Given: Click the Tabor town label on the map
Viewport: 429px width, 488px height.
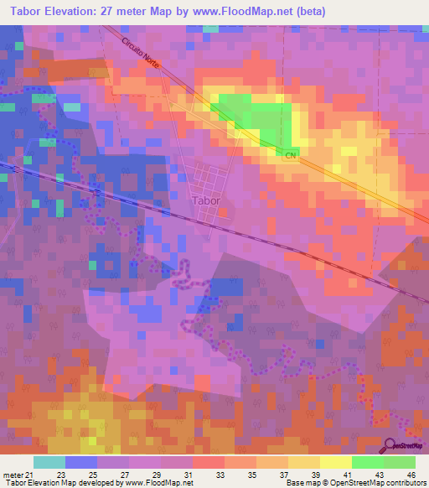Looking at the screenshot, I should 206,201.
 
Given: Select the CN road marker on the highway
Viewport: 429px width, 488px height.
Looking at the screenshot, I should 291,156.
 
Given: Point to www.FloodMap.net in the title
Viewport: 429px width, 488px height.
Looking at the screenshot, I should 247,12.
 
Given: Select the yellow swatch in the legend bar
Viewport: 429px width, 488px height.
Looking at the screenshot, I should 335,462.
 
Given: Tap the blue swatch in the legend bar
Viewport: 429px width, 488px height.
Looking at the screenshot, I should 81,462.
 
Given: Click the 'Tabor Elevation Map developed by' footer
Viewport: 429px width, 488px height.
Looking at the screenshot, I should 59,483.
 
